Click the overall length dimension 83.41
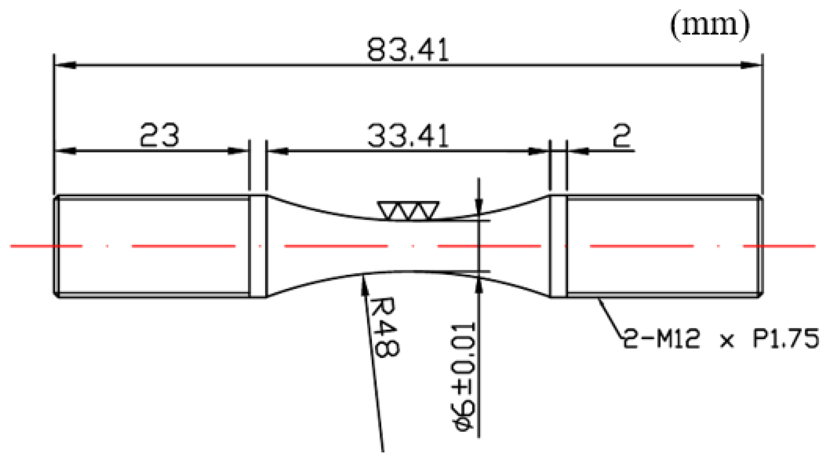pyautogui.click(x=407, y=50)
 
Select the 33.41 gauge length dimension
pyautogui.click(x=407, y=136)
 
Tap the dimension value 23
pyautogui.click(x=159, y=135)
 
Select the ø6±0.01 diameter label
pyautogui.click(x=461, y=377)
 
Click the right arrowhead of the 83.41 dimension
pyautogui.click(x=752, y=65)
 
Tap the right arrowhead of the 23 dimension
pyautogui.click(x=239, y=150)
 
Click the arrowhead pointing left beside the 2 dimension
pyautogui.click(x=576, y=150)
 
